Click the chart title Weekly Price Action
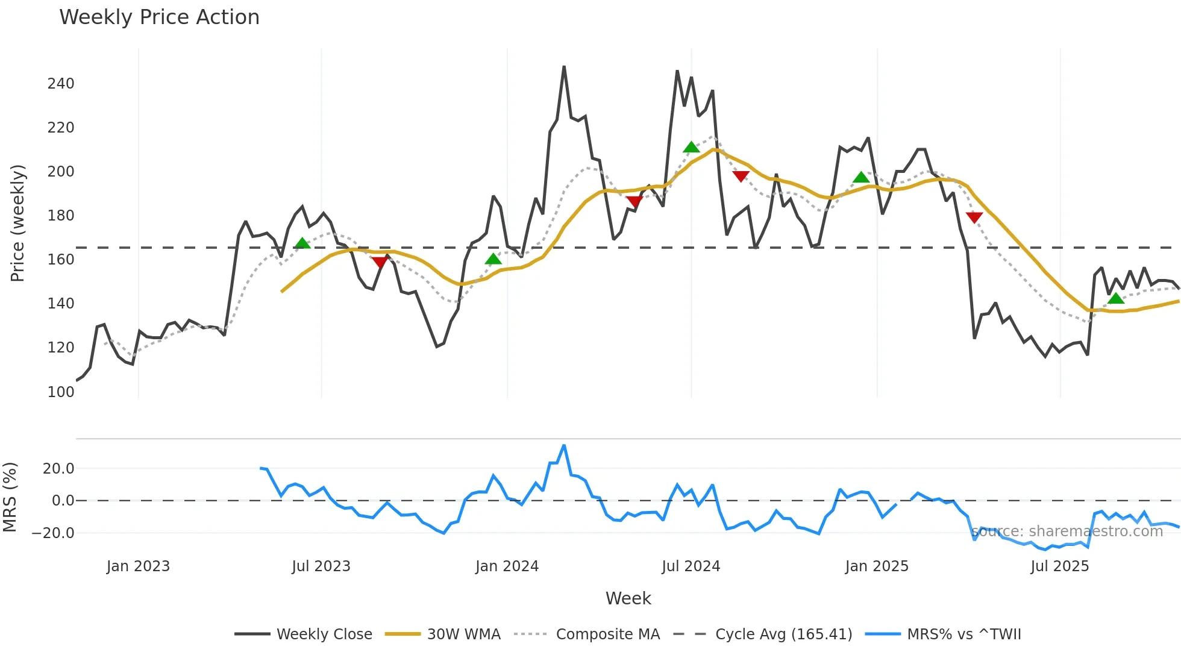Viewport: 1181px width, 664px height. coord(159,17)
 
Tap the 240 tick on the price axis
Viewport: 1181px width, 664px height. coord(61,84)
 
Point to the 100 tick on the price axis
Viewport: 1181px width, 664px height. coord(61,392)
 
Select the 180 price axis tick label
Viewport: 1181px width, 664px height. coord(61,216)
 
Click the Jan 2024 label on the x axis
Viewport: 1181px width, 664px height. coord(507,566)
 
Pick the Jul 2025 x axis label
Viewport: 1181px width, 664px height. coord(1059,566)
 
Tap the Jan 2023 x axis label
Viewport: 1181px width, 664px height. coord(138,566)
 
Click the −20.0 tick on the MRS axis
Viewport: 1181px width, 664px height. coord(53,533)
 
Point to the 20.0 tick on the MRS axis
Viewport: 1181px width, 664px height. coord(58,469)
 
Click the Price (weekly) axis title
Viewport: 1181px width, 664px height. coord(18,223)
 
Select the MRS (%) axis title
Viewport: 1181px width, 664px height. coord(10,497)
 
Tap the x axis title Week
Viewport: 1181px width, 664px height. coord(628,598)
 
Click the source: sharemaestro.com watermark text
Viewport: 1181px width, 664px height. coord(1067,531)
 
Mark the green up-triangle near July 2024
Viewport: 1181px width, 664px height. coord(691,147)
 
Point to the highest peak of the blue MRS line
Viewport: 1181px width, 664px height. coord(564,446)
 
